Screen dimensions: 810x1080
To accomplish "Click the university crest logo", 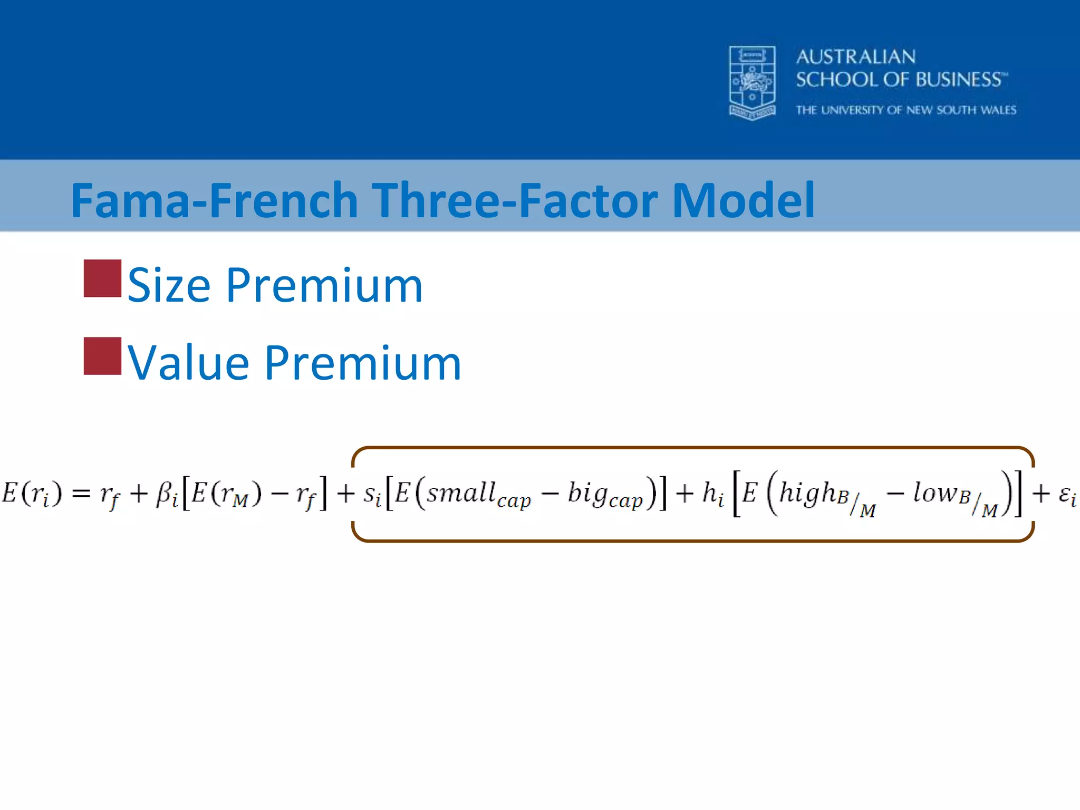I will coord(752,83).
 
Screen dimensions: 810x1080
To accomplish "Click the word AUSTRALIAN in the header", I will coord(856,57).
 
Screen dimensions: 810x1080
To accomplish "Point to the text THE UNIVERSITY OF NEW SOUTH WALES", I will coord(905,110).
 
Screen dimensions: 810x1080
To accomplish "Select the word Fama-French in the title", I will coord(214,200).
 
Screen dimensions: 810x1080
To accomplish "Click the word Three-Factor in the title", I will coord(516,200).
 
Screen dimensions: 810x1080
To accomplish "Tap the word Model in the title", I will coord(744,200).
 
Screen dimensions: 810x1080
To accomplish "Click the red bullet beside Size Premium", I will coord(102,278).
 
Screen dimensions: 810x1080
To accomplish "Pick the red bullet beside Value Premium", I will coord(102,356).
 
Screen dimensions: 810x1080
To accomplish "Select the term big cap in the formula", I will coord(605,495).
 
